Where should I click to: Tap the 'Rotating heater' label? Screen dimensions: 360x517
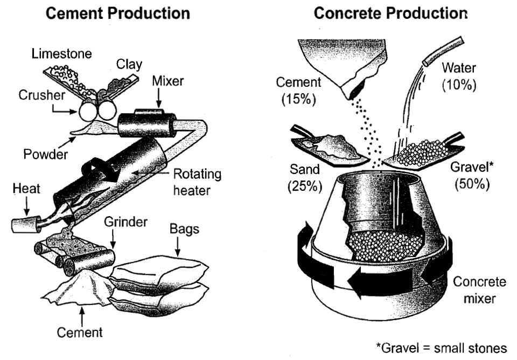click(197, 183)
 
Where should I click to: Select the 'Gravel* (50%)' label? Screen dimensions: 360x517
click(472, 176)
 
